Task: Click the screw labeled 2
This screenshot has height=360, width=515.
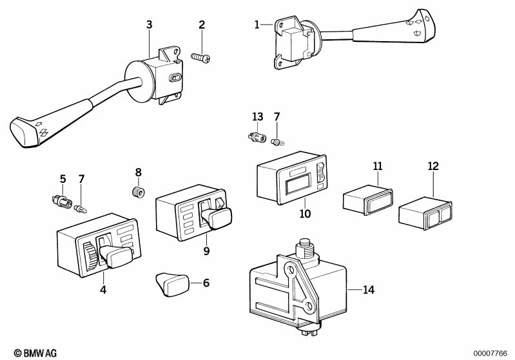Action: [x=200, y=57]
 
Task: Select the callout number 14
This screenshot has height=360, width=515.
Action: [x=369, y=290]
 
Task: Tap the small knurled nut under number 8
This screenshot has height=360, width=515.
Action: [x=139, y=192]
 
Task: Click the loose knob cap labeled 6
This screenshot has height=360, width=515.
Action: [x=172, y=285]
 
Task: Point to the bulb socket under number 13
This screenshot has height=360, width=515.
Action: [x=257, y=137]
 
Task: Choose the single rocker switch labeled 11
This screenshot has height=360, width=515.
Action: [x=368, y=199]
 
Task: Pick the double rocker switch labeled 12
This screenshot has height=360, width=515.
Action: [x=425, y=213]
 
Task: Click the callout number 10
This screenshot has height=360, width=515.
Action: [x=305, y=214]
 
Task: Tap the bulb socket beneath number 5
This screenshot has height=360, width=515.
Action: [x=62, y=201]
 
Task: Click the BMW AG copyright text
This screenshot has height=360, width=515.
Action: [x=35, y=353]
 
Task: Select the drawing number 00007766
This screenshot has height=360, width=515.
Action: [x=490, y=354]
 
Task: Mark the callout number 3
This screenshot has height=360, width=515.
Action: [x=149, y=24]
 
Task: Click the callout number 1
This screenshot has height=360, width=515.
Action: [x=257, y=24]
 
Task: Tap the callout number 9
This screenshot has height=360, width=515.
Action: [x=206, y=251]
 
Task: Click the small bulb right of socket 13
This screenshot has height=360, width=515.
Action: [x=277, y=142]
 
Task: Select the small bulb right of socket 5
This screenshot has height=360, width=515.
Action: [x=81, y=209]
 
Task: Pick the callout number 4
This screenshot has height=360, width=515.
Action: [x=103, y=290]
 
